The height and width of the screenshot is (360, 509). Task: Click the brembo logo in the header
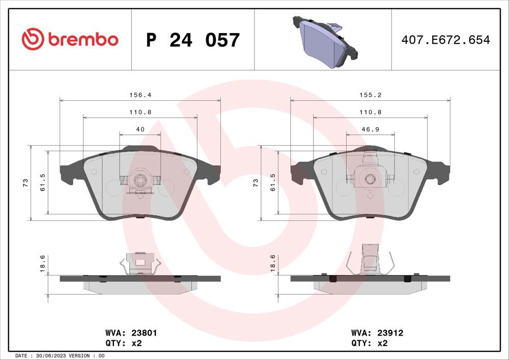point(70,39)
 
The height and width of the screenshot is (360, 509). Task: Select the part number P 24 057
point(192,40)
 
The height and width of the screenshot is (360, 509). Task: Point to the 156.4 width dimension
point(140,95)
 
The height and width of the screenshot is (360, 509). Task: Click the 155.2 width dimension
point(370,95)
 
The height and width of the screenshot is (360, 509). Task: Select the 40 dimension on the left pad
point(140,130)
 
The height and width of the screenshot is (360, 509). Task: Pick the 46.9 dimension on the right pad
point(370,130)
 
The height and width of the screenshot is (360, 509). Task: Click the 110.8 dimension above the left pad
point(140,112)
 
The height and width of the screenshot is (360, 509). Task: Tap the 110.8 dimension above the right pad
point(370,112)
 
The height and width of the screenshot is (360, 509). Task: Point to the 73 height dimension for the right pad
point(256,183)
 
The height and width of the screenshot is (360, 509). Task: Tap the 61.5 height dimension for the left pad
point(43,182)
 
